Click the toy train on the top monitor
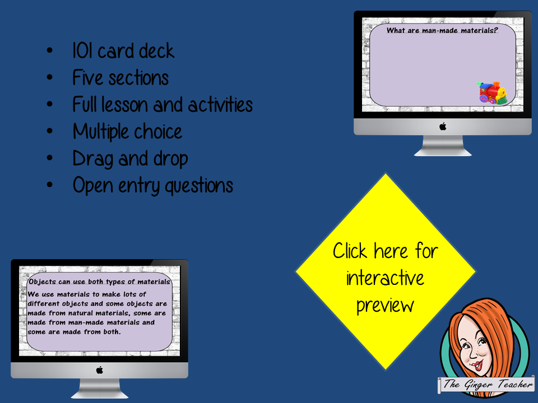pos(491,92)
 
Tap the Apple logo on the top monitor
pos(443,126)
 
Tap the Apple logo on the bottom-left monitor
pos(100,370)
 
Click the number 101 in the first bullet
pos(83,51)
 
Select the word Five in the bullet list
pos(87,77)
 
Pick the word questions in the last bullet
pos(199,186)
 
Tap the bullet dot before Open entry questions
pos(50,185)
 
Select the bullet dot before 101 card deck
pos(50,50)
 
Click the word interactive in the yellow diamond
pos(385,278)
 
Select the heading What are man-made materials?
pos(442,30)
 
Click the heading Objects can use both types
pos(100,282)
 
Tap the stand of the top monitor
pos(443,146)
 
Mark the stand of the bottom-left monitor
pos(100,388)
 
